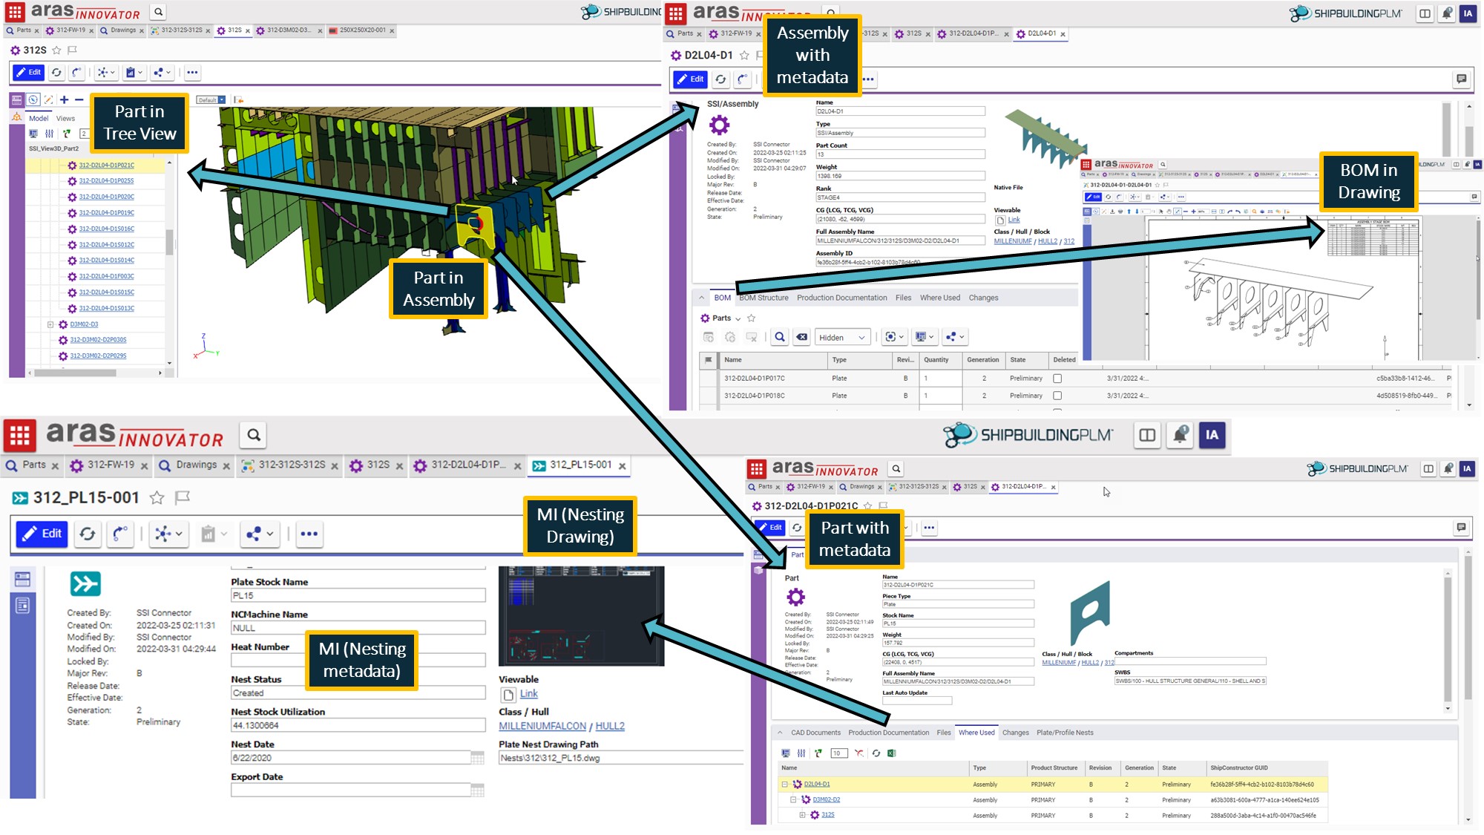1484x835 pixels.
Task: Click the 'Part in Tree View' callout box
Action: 139,122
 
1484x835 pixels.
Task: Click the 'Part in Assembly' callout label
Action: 439,289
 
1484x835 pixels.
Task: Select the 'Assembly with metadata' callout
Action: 812,56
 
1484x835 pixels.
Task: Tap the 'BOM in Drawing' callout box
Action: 1368,181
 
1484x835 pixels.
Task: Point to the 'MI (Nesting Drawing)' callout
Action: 580,525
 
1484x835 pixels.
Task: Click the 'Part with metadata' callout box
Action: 854,539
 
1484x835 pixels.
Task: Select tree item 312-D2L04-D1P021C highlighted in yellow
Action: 106,166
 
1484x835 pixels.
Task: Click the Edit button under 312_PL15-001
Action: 42,534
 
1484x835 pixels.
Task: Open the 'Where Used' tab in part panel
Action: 976,733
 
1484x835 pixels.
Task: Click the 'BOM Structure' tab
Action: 764,298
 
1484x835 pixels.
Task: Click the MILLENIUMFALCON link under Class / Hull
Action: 542,726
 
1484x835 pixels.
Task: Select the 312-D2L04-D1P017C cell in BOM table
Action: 754,379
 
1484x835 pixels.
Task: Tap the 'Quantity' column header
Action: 936,360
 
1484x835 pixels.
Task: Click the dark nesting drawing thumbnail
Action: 581,616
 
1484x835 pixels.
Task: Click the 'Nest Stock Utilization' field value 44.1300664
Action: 358,725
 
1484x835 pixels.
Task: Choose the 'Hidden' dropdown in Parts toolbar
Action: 841,338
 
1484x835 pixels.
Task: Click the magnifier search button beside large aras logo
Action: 254,435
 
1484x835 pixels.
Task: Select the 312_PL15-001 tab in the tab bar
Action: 580,465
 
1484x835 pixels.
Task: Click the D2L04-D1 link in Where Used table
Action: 816,785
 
